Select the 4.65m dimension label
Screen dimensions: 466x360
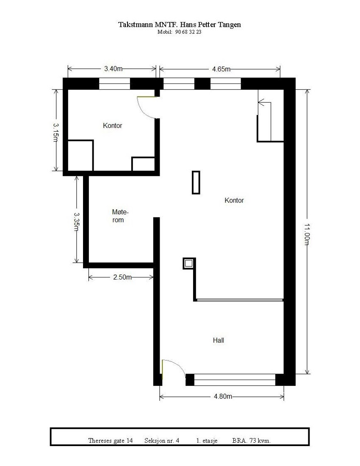tap(221, 69)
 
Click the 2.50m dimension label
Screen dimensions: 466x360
tap(122, 277)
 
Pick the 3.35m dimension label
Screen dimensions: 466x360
tap(77, 221)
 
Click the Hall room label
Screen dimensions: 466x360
tap(219, 340)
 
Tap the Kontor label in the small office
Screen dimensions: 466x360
tap(113, 126)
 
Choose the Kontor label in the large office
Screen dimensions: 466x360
tap(234, 200)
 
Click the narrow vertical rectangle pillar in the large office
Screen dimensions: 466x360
tap(196, 182)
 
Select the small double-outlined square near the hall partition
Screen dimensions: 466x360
tap(189, 264)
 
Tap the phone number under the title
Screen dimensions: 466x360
tap(180, 32)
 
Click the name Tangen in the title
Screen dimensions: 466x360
tap(229, 25)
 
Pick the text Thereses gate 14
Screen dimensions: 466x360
tap(111, 441)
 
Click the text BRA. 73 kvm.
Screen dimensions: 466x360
tap(251, 441)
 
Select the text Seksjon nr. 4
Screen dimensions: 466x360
tap(162, 441)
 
